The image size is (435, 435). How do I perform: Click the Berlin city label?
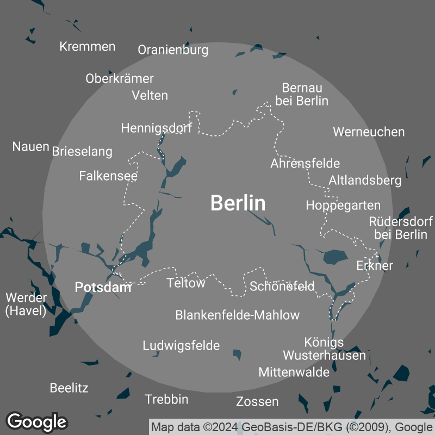point(238,203)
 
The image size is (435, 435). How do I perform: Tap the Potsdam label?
point(103,287)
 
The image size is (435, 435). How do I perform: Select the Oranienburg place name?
point(173,50)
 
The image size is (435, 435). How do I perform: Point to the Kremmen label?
point(88,46)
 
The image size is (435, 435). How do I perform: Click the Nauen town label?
point(31,146)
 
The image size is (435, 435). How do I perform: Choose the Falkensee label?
point(108,176)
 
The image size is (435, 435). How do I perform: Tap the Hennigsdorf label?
point(157,128)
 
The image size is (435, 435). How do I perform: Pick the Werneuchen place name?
point(369,132)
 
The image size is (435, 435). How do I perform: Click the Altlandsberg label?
point(365,180)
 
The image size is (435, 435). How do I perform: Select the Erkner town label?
point(375,265)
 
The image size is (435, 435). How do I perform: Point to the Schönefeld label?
point(282,286)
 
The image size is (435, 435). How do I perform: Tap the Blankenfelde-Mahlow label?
point(237,315)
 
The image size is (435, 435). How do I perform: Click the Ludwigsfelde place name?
point(181,345)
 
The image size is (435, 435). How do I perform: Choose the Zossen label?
point(257,402)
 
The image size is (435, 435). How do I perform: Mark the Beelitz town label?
point(69,388)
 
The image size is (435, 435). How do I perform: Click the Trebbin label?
point(166,399)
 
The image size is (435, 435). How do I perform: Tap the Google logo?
point(36,421)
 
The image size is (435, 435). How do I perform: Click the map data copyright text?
point(291,426)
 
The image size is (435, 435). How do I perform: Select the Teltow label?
point(186,283)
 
